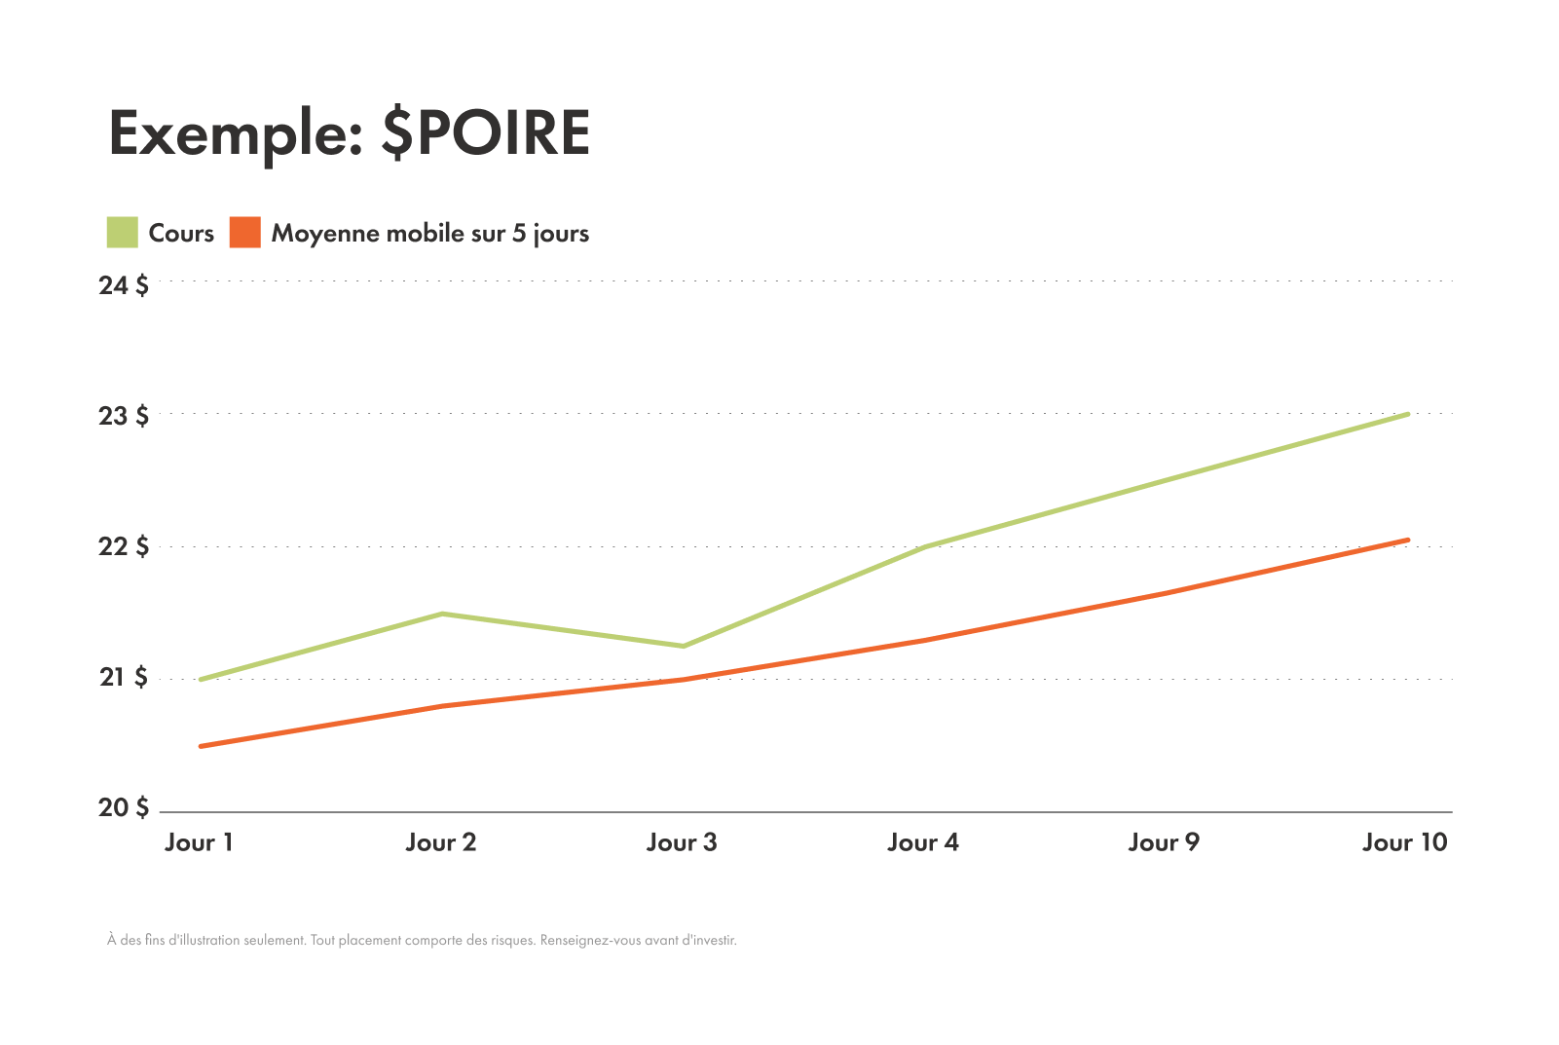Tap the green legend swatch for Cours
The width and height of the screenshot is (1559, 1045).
pos(122,233)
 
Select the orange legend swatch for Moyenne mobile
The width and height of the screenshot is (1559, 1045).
pos(245,233)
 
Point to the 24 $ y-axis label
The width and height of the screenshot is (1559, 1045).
pos(124,285)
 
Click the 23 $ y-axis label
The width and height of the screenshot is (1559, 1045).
pos(124,416)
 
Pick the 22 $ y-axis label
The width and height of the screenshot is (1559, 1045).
pos(124,546)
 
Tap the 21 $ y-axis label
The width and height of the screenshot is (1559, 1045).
pos(124,677)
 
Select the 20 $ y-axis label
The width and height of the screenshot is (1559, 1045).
pos(124,807)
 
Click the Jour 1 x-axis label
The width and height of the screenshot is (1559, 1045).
pos(200,842)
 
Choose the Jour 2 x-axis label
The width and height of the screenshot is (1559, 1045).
pos(441,842)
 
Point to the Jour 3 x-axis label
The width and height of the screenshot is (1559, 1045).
pos(682,842)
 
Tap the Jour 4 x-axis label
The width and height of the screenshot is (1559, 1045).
pos(923,842)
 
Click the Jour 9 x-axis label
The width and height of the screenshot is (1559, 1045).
pos(1164,842)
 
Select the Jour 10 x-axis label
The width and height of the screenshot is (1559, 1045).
pos(1405,842)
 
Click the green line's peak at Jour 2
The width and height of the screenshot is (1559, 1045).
pos(442,614)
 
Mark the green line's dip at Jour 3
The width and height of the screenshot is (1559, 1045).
pos(683,646)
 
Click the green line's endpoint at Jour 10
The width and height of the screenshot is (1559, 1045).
pos(1407,414)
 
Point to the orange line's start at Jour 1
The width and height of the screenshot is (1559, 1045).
pos(201,746)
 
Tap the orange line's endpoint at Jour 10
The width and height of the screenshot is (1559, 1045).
pos(1407,540)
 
